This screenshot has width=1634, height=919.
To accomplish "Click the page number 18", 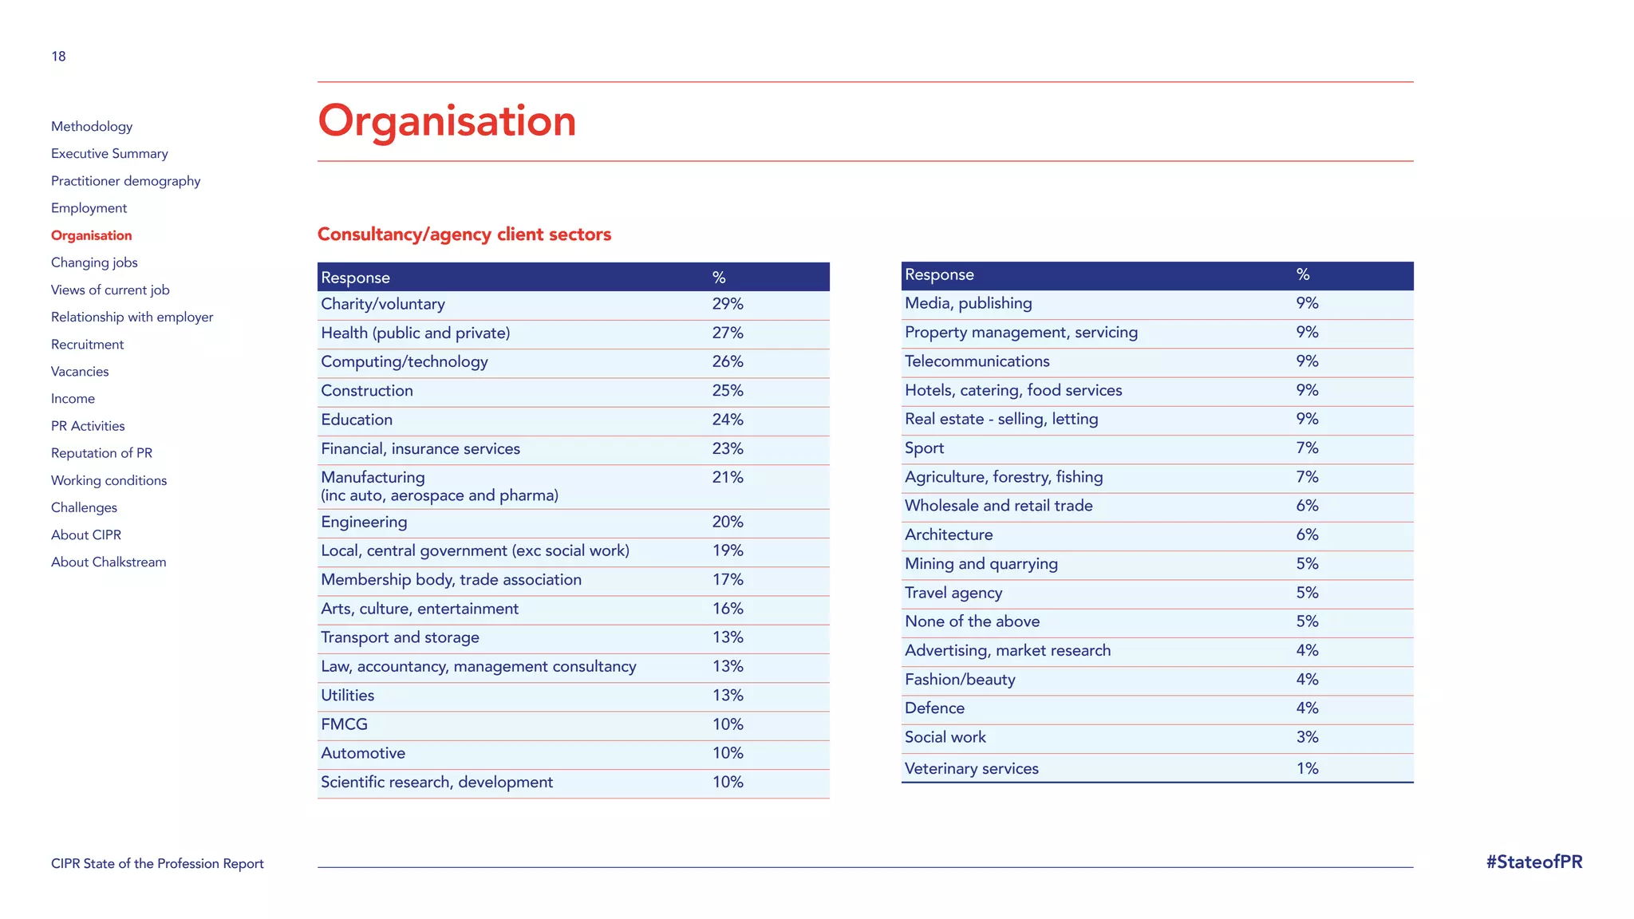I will (x=58, y=56).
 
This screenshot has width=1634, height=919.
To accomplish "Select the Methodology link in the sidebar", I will (x=92, y=126).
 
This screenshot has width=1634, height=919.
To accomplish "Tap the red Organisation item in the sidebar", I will (x=92, y=235).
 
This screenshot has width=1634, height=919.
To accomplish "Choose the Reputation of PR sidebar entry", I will (x=101, y=453).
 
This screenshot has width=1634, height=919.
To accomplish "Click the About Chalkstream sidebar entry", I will (x=109, y=562).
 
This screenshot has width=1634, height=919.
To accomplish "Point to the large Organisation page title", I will (x=447, y=121).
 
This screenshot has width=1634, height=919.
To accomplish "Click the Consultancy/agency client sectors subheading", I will (x=464, y=235).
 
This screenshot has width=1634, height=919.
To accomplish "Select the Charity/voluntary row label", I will (x=383, y=304).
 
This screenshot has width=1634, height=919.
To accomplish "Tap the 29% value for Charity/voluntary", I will (x=728, y=304).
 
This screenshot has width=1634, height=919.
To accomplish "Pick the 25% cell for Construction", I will (x=728, y=391).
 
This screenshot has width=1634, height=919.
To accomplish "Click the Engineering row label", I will (x=364, y=522).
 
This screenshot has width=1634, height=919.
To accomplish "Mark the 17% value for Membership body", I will (x=728, y=580).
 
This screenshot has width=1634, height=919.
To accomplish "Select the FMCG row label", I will (x=344, y=724).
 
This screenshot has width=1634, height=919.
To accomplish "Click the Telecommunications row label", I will (x=977, y=361).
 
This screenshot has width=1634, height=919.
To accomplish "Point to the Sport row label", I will (x=924, y=448).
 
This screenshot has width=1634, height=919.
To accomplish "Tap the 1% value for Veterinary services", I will (x=1307, y=768).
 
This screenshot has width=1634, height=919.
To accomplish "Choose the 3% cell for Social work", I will (x=1307, y=737).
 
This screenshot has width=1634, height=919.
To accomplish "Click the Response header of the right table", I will (x=939, y=274).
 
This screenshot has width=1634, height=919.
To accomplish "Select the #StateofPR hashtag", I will (x=1533, y=862).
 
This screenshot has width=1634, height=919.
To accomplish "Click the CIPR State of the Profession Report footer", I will (x=157, y=864).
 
